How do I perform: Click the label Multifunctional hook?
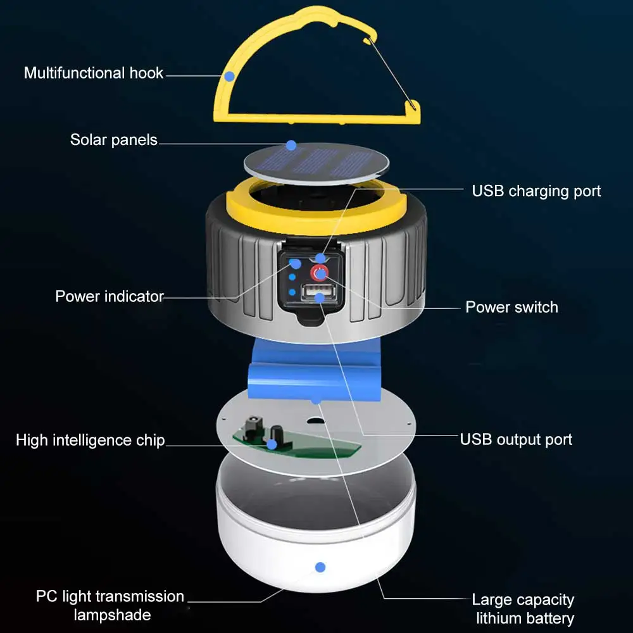pyautogui.click(x=94, y=73)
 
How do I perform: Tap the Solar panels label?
pyautogui.click(x=114, y=140)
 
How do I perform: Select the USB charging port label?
pyautogui.click(x=536, y=191)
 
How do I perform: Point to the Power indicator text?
pyautogui.click(x=110, y=296)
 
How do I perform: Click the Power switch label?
pyautogui.click(x=511, y=308)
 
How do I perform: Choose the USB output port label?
pyautogui.click(x=516, y=439)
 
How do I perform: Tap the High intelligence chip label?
pyautogui.click(x=90, y=441)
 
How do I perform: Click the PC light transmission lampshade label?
pyautogui.click(x=110, y=605)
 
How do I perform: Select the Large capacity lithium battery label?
pyautogui.click(x=523, y=609)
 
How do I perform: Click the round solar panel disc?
pyautogui.click(x=316, y=163)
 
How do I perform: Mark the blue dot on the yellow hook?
pyautogui.click(x=229, y=76)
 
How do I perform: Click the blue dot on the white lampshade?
pyautogui.click(x=320, y=567)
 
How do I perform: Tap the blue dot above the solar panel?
pyautogui.click(x=291, y=145)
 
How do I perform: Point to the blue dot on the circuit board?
pyautogui.click(x=272, y=444)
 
